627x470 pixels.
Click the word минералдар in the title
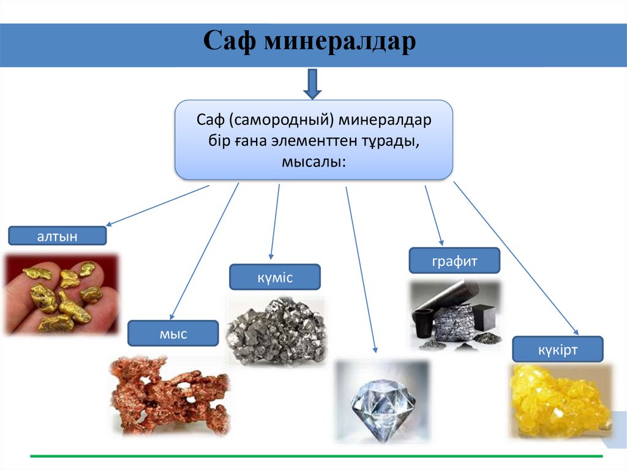click(x=340, y=42)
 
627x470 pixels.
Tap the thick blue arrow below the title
click(x=312, y=83)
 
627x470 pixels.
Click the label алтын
click(x=58, y=237)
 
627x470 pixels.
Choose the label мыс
click(x=173, y=334)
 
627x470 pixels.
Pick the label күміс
click(x=275, y=278)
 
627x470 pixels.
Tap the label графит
click(x=454, y=261)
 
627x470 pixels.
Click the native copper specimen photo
click(x=170, y=395)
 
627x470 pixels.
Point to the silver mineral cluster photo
click(x=277, y=332)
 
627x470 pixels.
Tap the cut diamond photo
click(x=382, y=401)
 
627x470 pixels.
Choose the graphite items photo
click(x=454, y=315)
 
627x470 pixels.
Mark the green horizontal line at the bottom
click(x=316, y=456)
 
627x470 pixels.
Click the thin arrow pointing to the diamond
click(x=361, y=270)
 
